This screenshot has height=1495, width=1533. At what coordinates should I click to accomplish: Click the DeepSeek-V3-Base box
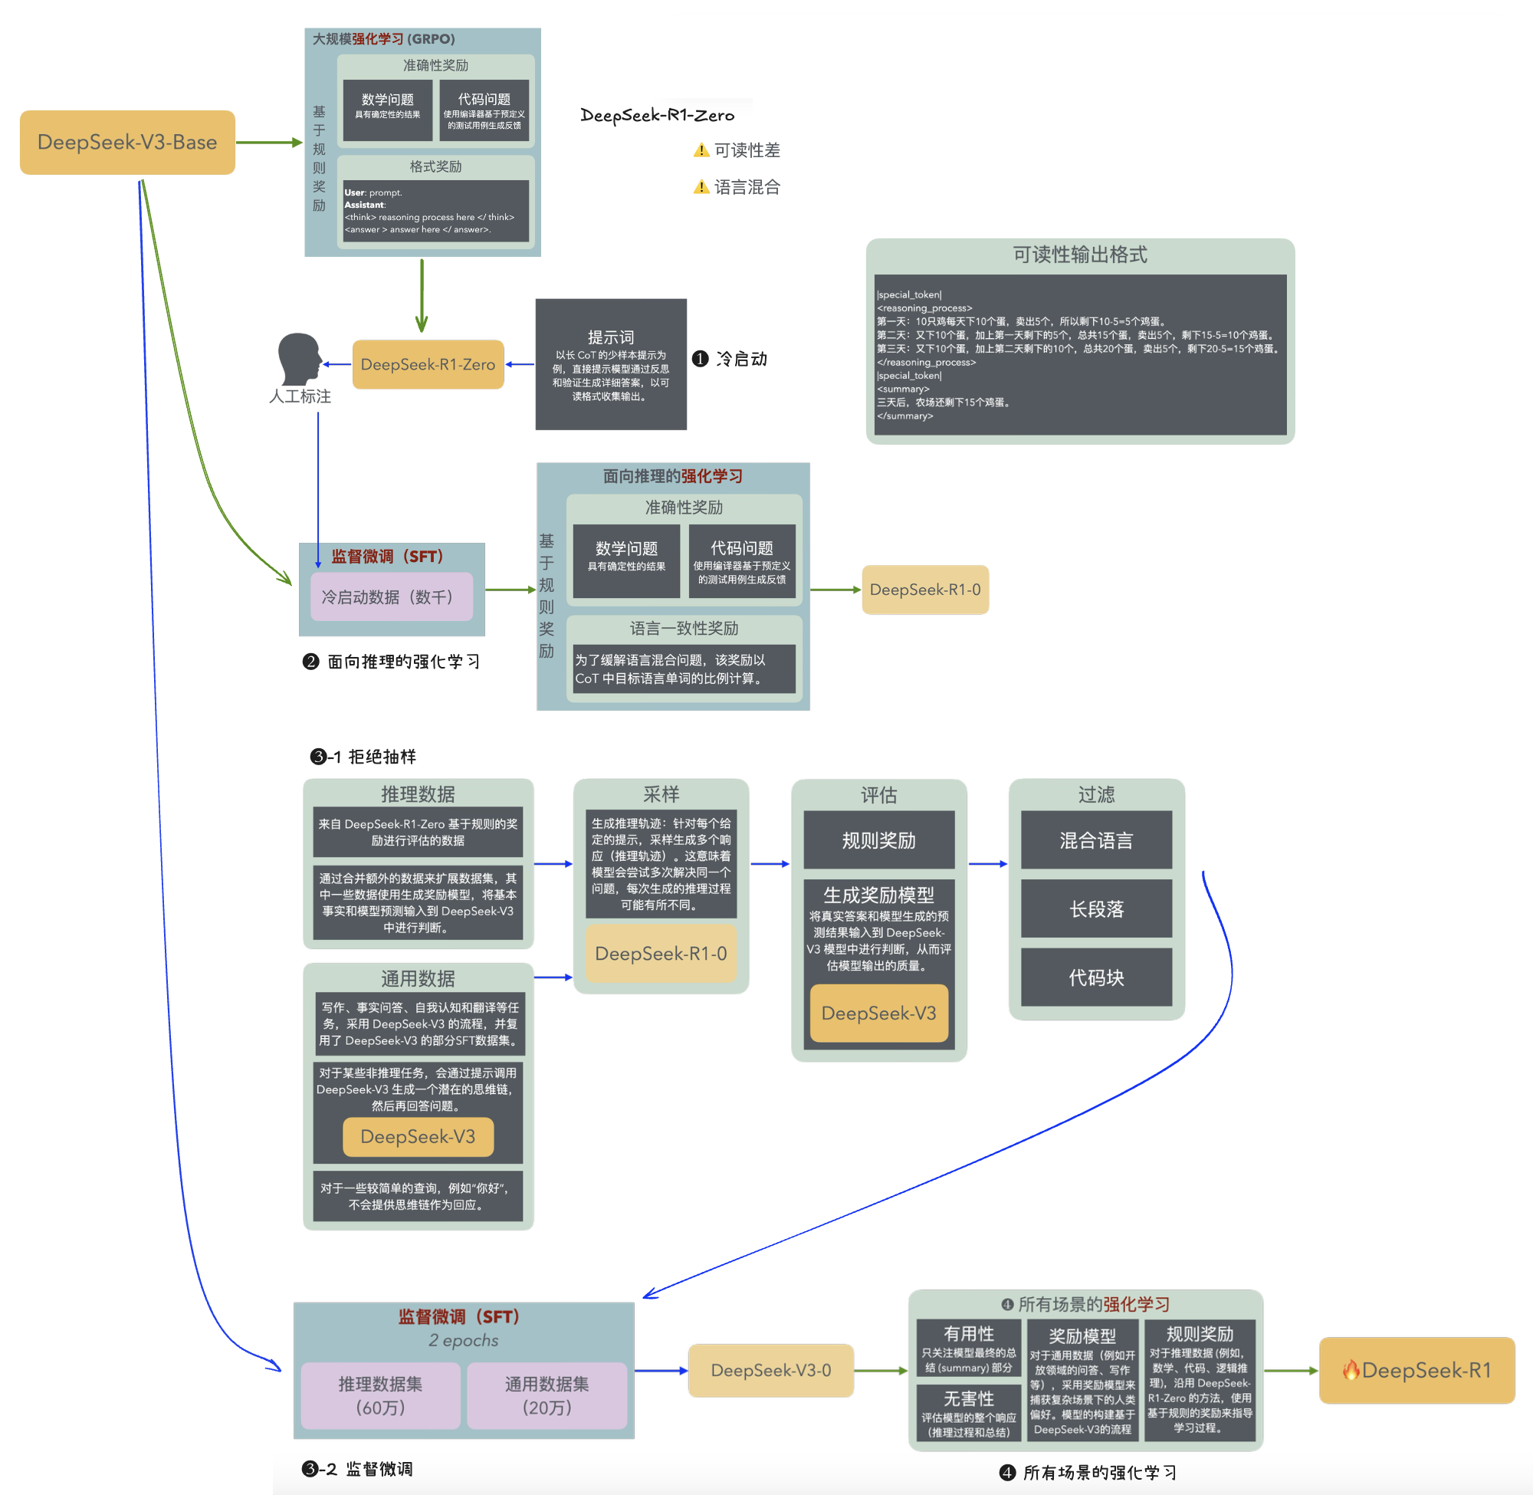127,142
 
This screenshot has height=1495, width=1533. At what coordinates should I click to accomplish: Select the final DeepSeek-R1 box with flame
1416,1370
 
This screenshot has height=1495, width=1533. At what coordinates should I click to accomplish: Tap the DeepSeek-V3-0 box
770,1370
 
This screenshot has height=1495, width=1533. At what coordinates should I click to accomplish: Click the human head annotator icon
299,359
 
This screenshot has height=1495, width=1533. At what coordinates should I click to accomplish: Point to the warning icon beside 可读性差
701,150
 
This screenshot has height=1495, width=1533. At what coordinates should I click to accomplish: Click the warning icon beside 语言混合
701,187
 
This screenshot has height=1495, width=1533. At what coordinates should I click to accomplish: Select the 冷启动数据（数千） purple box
391,596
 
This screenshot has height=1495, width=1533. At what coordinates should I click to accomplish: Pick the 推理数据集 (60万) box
381,1395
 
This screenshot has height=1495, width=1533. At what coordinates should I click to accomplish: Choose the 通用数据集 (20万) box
547,1395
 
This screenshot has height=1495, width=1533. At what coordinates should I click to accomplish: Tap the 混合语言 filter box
1096,840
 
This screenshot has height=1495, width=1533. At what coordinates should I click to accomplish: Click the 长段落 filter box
1096,909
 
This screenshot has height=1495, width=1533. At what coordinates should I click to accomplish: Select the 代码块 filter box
1096,978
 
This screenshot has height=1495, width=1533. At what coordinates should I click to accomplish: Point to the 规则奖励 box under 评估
878,840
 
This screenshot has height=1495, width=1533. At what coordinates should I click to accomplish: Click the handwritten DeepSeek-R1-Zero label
657,116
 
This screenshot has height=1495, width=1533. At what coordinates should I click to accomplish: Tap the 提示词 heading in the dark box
611,337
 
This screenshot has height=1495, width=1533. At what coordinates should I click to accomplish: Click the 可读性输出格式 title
1079,255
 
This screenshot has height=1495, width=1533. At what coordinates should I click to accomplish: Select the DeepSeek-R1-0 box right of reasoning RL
924,590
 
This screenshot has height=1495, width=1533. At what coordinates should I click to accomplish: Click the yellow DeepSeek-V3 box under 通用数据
418,1136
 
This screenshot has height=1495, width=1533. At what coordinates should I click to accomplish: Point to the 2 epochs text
463,1340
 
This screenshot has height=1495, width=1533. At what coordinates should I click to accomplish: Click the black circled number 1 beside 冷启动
700,359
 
